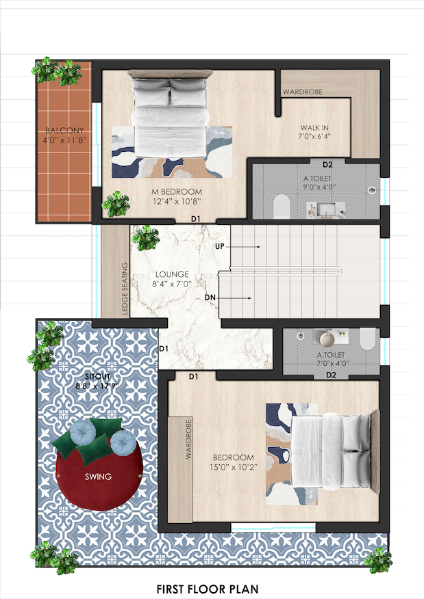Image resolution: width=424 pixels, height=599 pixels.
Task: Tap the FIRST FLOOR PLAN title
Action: [x=208, y=589]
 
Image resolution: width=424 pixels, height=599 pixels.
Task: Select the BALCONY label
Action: [x=64, y=131]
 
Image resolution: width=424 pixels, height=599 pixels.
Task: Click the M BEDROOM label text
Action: [x=177, y=191]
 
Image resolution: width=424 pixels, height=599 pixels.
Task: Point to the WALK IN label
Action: [x=314, y=128]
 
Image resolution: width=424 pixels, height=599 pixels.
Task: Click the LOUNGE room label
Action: [x=172, y=274]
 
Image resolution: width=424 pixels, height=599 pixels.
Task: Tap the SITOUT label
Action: [x=97, y=377]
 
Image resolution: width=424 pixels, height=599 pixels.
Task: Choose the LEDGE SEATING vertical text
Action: [x=125, y=289]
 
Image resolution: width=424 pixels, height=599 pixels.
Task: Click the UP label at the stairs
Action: [x=219, y=246]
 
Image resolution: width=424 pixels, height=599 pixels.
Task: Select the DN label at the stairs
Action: [x=210, y=297]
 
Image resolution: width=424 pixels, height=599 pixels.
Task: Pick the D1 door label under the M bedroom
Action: [x=195, y=219]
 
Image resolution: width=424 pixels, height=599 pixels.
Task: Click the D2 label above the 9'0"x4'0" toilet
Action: [x=327, y=165]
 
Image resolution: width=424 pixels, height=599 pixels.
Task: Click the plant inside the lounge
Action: [x=145, y=237]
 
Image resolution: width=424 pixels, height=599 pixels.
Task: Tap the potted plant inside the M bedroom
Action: [x=116, y=204]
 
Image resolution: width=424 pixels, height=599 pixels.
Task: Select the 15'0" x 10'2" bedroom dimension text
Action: [x=234, y=467]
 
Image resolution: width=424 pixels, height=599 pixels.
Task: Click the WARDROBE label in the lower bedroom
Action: [x=188, y=439]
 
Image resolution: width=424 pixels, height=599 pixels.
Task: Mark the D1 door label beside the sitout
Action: [x=164, y=349]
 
